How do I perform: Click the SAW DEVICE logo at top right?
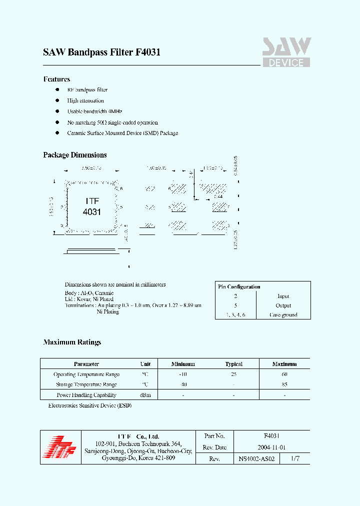click(286, 52)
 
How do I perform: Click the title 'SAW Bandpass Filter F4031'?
click(101, 52)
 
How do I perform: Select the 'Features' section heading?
click(56, 79)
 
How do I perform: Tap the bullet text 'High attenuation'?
click(85, 100)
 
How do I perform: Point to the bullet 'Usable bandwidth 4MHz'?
click(94, 111)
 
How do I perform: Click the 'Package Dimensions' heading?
click(75, 155)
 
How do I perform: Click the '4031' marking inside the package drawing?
click(92, 212)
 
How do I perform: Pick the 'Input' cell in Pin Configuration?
click(283, 296)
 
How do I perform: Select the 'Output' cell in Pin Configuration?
click(283, 305)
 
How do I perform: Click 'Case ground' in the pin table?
click(283, 315)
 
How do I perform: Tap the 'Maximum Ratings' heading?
click(72, 342)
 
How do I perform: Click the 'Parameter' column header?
click(86, 364)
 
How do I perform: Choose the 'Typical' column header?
click(233, 364)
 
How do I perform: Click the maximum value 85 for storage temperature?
click(284, 384)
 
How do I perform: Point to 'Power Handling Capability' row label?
click(86, 395)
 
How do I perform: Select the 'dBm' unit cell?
click(145, 395)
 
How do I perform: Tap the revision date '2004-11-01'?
click(271, 447)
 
